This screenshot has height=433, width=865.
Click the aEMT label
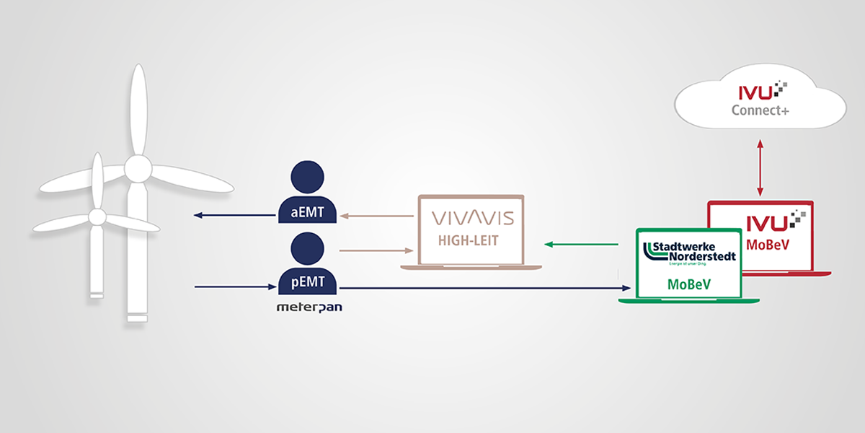pyautogui.click(x=307, y=213)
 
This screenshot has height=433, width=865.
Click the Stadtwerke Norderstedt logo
pyautogui.click(x=691, y=252)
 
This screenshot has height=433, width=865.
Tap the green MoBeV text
pyautogui.click(x=689, y=284)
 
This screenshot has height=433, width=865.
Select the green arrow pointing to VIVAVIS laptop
pyautogui.click(x=581, y=245)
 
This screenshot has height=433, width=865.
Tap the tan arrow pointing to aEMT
pyautogui.click(x=376, y=215)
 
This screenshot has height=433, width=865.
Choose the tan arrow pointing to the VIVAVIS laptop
pyautogui.click(x=376, y=250)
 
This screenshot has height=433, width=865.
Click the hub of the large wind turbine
pyautogui.click(x=137, y=168)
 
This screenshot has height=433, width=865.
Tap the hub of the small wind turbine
pyautogui.click(x=97, y=216)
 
